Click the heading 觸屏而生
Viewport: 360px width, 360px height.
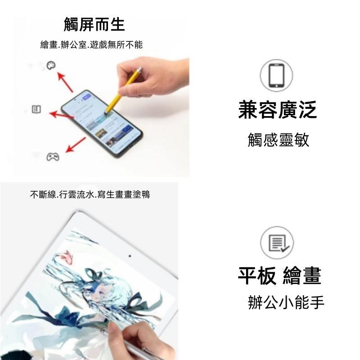coord(94,24)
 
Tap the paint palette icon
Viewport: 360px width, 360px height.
coord(51,66)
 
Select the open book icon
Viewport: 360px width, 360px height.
coord(36,109)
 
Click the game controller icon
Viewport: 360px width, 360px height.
coord(53,157)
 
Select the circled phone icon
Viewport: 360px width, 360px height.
coord(276,76)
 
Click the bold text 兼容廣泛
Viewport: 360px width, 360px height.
coord(277,110)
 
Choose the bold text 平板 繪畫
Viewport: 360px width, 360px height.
coord(279,276)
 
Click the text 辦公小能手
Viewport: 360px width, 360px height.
coord(286,302)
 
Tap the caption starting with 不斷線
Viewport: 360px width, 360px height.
coord(90,195)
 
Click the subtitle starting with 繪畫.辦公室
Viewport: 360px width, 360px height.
coord(91,45)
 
